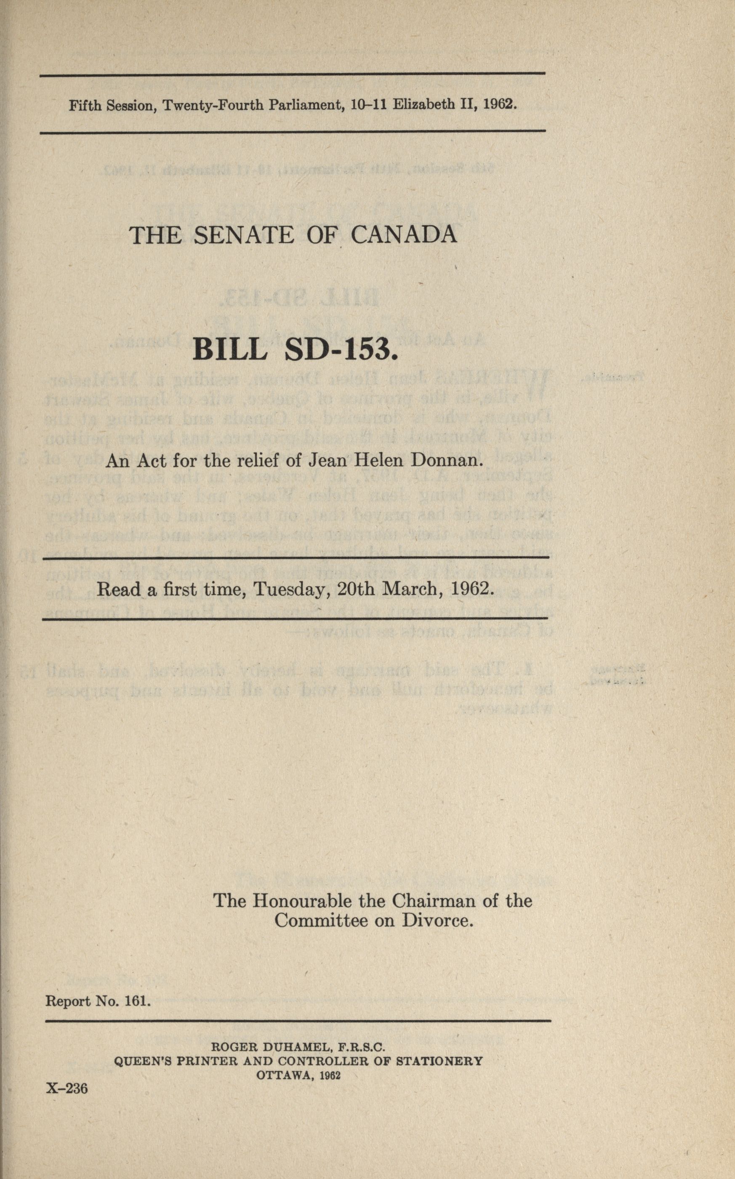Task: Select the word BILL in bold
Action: [230, 349]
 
